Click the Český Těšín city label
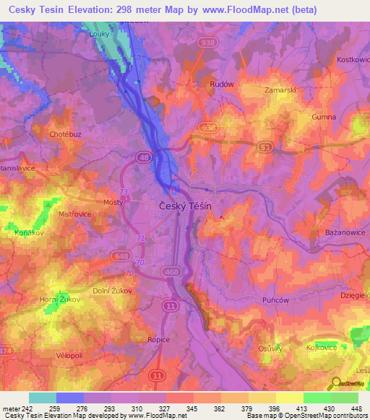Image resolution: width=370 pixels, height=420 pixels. pyautogui.click(x=184, y=206)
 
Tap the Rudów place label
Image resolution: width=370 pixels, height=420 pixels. pyautogui.click(x=221, y=84)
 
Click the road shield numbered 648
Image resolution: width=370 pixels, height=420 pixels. pyautogui.click(x=120, y=255)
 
